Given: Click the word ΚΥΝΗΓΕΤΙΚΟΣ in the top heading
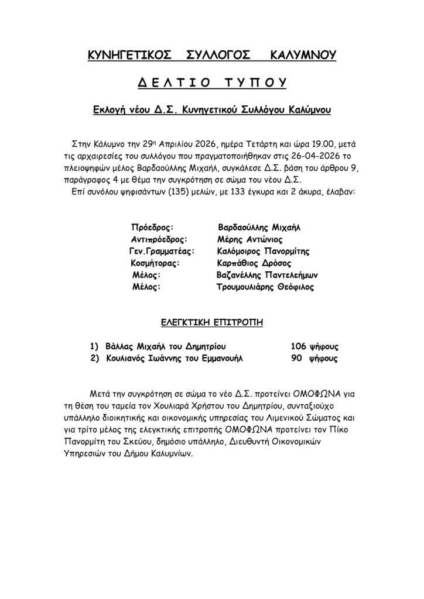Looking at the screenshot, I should coord(129,56).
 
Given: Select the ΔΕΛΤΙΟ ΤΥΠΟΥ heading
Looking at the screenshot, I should coord(211,83).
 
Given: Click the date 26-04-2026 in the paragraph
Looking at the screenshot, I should coord(316,156).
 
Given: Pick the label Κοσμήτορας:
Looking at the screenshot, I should coord(156,263).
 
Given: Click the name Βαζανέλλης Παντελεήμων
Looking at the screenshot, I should coord(267,275).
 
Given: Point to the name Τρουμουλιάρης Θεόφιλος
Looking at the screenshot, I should coord(265,287).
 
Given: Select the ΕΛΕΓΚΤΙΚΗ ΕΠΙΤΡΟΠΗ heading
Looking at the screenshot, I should coord(211,322).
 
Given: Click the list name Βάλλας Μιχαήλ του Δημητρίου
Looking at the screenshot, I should coord(166,346).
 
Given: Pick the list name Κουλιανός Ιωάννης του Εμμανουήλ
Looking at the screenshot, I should coord(173,358).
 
